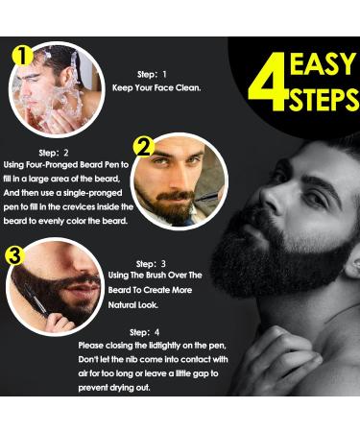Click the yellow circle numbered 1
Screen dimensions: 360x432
(22, 56)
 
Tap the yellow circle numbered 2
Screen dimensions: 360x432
(144, 147)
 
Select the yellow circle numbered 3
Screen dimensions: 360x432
(14, 255)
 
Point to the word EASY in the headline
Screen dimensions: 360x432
(323, 63)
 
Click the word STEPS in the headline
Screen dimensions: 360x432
(324, 99)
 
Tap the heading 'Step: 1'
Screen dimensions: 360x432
(152, 75)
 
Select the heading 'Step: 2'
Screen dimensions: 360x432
(54, 153)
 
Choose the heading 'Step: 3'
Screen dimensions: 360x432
(151, 264)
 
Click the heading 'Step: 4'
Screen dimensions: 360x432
(145, 332)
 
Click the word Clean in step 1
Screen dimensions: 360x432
(188, 87)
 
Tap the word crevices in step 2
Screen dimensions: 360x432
(79, 207)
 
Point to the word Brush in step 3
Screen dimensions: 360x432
(156, 276)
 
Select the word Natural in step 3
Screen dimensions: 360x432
(118, 305)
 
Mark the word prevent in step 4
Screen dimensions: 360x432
(93, 388)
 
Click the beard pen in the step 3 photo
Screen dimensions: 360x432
(36, 300)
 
